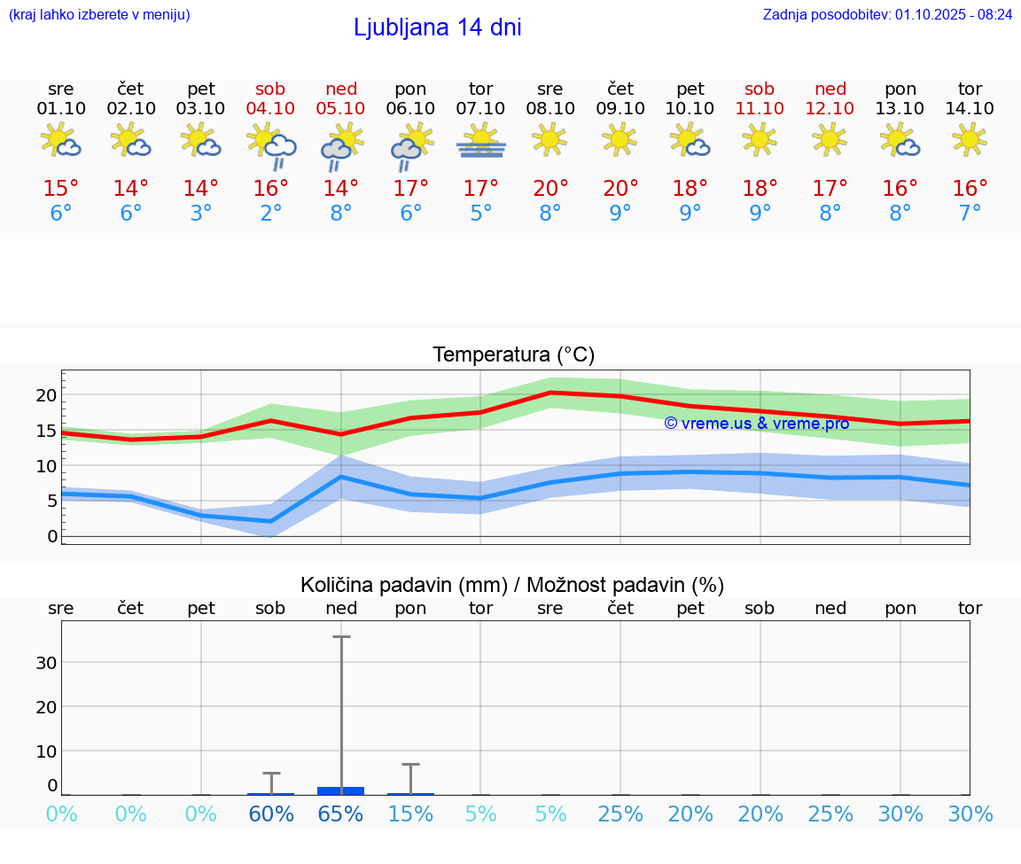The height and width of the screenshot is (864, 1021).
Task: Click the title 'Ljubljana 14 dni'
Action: (437, 27)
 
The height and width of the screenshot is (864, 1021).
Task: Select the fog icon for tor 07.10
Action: (481, 142)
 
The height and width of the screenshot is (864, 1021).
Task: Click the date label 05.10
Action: (341, 109)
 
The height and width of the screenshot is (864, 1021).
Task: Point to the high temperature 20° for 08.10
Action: (550, 189)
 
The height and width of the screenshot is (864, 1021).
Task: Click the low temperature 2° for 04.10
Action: (271, 214)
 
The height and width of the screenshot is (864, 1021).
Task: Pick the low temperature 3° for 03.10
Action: (201, 214)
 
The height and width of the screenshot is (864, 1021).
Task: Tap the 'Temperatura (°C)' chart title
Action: (513, 355)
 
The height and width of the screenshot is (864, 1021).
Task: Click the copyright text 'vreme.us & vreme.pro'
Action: (757, 424)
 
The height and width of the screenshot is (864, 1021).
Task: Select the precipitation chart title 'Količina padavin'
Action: (512, 585)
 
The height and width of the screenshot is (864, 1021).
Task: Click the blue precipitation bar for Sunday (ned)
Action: (341, 790)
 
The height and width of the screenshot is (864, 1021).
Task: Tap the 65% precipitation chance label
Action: (341, 814)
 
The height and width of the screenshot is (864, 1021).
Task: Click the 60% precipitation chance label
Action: (271, 814)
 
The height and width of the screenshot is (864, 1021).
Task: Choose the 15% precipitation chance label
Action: (411, 814)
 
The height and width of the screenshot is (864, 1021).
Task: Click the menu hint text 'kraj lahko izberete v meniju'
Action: (98, 14)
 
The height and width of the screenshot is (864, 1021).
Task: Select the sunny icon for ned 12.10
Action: (830, 139)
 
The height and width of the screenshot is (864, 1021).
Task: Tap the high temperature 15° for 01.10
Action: (61, 189)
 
